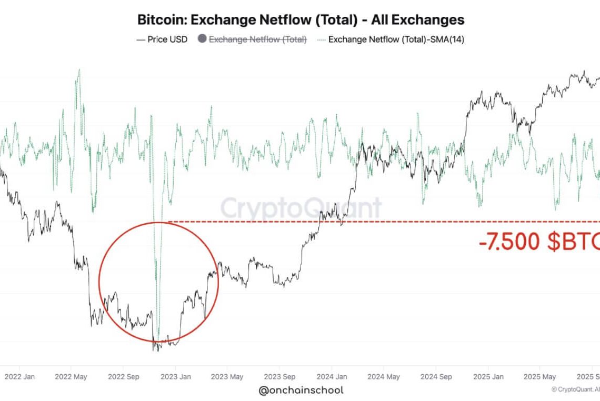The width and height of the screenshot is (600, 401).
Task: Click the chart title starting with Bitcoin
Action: tap(301, 20)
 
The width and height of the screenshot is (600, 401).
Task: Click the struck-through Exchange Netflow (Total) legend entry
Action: tap(258, 39)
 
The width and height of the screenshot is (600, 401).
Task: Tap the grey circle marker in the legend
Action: tap(202, 39)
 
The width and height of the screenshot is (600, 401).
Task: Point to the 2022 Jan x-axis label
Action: tap(19, 376)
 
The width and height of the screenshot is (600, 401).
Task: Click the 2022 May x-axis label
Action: tap(71, 376)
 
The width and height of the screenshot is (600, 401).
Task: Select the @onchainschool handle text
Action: tap(301, 390)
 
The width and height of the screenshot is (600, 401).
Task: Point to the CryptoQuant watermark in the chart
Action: tap(301, 208)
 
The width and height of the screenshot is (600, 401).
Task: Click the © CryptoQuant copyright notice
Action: tap(575, 389)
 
